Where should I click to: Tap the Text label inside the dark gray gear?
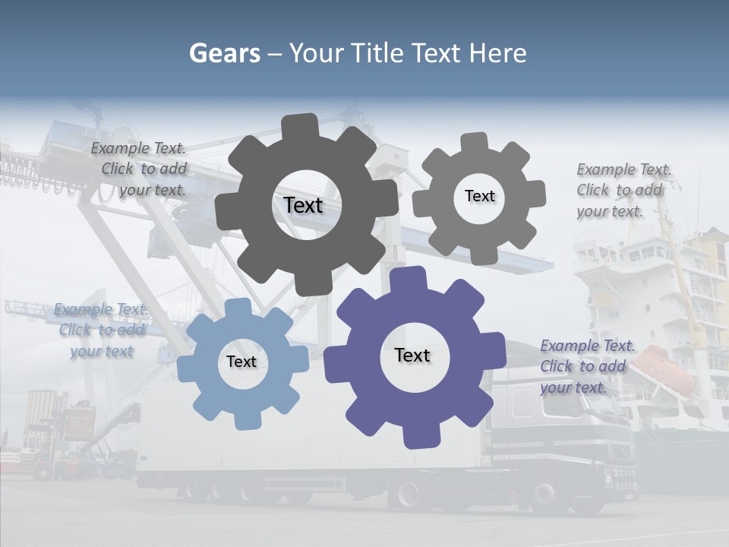304,205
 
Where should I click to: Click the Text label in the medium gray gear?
479,196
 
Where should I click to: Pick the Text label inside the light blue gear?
241,362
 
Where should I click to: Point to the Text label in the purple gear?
412,355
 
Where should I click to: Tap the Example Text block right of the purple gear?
585,366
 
